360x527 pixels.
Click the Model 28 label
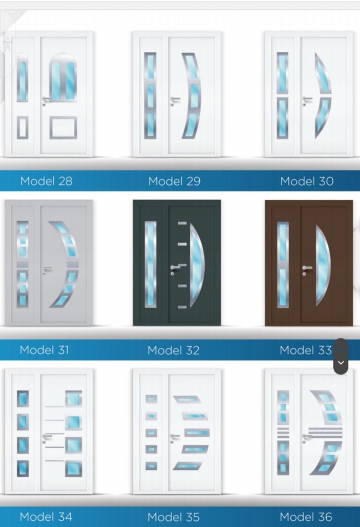click(x=46, y=181)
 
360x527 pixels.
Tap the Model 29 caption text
click(x=174, y=181)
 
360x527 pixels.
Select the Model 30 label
click(x=307, y=181)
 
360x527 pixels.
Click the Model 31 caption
click(x=44, y=350)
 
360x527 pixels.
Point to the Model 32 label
click(x=173, y=350)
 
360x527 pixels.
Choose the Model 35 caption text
click(x=173, y=517)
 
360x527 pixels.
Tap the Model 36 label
click(x=306, y=517)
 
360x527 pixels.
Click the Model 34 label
click(x=46, y=517)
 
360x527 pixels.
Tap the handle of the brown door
click(x=307, y=268)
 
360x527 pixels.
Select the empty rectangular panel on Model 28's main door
click(x=63, y=127)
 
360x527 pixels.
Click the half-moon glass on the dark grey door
click(x=196, y=265)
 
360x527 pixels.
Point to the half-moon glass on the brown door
click(x=322, y=265)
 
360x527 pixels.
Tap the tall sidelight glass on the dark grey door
click(x=150, y=265)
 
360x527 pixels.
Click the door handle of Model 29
click(x=175, y=100)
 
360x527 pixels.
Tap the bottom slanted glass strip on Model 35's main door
click(x=188, y=466)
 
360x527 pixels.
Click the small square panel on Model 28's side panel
click(x=22, y=128)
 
